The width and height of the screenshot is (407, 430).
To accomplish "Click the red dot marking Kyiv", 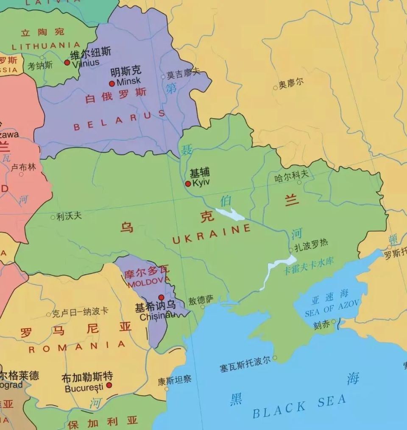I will point(188,184).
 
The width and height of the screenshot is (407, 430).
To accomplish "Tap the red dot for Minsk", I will point(112,84).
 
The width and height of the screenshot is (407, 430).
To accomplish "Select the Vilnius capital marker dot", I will point(67,62).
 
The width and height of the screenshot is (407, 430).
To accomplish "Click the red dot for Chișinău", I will point(161,297).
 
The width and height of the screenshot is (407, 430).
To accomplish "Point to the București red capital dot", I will point(109,385).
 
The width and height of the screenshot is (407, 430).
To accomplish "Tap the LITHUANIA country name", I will point(46,46).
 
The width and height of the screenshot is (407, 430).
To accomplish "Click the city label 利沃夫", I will point(69,216).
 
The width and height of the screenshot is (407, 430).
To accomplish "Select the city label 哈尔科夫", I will point(291,176).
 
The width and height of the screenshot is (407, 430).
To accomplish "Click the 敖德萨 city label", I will point(201,300).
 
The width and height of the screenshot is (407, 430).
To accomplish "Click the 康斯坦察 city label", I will point(175,380).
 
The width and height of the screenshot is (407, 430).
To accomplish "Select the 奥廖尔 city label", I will point(291,83).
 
